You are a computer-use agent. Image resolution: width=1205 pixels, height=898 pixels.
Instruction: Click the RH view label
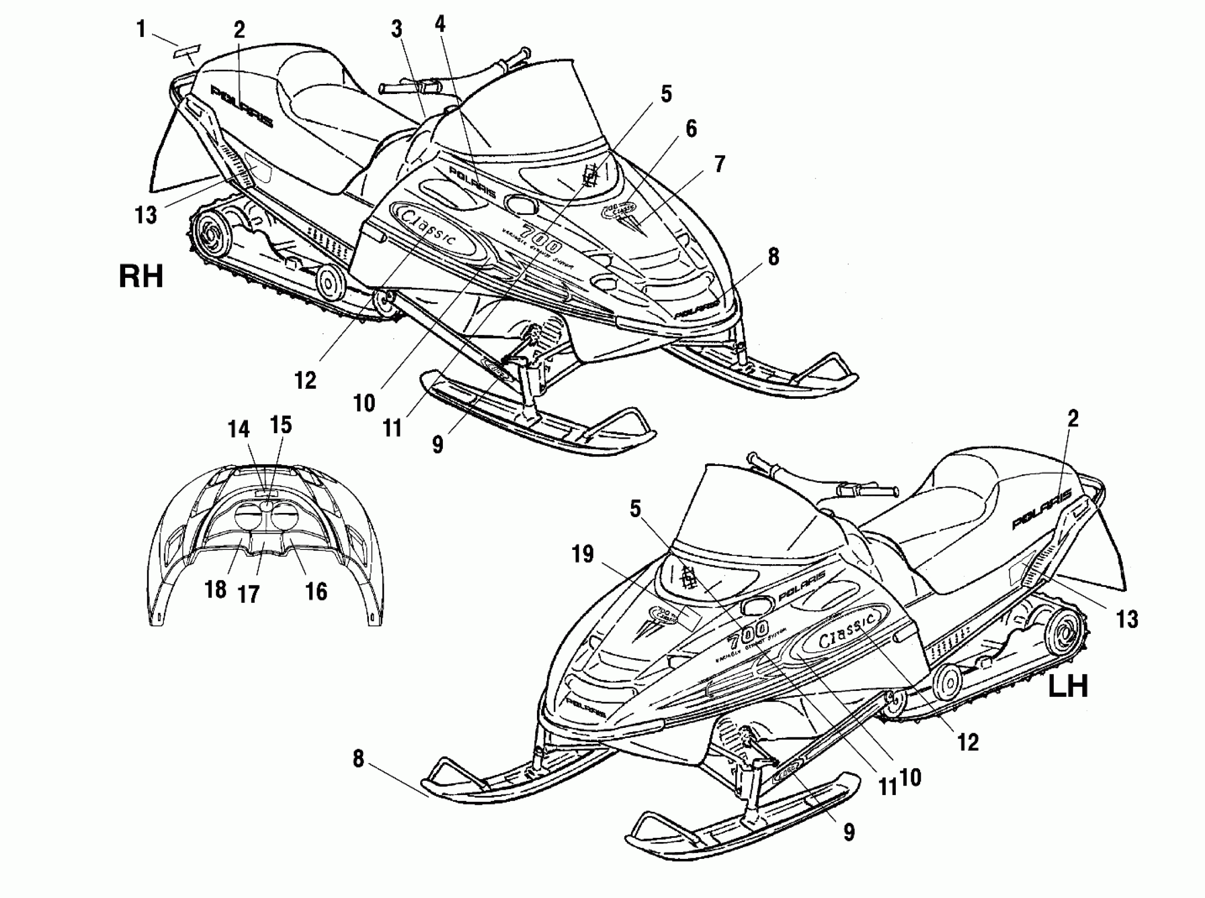click(x=141, y=276)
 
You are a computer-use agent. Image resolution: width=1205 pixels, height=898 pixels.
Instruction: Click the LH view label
click(x=1068, y=686)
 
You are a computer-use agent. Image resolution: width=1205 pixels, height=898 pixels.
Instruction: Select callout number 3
click(x=397, y=30)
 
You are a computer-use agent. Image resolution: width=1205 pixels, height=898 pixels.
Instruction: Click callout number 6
click(x=691, y=129)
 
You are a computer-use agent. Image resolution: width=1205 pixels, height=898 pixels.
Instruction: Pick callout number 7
click(x=719, y=164)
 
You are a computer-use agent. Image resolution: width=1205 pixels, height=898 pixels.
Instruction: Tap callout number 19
click(x=582, y=555)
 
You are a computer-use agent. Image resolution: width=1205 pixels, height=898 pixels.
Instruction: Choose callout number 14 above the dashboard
click(x=238, y=429)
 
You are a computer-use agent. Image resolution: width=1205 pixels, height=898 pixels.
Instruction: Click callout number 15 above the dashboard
click(x=281, y=425)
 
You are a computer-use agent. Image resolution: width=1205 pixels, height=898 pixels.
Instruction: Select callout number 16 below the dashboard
click(x=317, y=592)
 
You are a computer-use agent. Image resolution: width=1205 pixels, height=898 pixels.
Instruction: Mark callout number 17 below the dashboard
click(x=248, y=595)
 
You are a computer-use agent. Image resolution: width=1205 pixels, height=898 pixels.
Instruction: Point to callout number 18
click(x=215, y=589)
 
